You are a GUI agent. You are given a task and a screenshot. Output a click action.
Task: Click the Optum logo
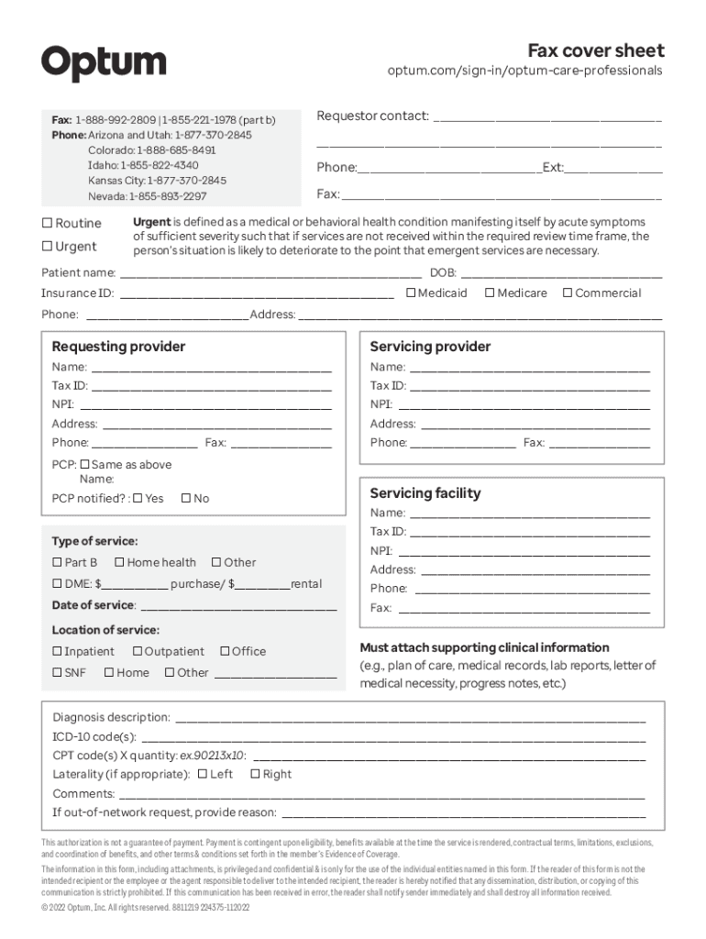coord(104,63)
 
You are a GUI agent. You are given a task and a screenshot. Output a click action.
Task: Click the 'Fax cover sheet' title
coord(595,50)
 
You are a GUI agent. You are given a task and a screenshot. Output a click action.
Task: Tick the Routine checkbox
coord(47,223)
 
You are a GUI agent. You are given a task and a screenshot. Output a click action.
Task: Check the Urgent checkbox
coord(47,246)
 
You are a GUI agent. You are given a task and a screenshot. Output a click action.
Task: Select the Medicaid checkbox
coord(410,293)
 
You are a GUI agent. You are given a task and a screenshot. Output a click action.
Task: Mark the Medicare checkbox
coord(490,293)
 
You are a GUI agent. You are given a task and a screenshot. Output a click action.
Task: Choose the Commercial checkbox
coord(568,293)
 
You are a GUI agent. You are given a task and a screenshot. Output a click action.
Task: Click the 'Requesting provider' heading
coord(118,347)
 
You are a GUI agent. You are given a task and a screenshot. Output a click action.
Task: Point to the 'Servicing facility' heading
coord(425,493)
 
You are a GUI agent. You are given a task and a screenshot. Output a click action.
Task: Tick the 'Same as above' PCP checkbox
coord(84,464)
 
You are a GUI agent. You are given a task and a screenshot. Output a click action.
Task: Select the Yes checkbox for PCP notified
coord(138,498)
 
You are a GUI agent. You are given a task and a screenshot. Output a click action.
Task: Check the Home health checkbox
coord(119,562)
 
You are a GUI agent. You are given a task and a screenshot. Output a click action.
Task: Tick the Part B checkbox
coord(57,562)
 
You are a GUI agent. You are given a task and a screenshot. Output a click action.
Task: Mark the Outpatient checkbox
coord(138,651)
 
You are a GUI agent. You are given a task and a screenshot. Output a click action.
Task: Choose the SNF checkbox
coord(57,672)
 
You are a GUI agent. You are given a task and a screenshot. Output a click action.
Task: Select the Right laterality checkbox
coord(255,774)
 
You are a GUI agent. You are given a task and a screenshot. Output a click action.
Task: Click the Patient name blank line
coord(270,273)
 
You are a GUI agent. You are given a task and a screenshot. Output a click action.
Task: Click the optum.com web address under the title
coord(524,71)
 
